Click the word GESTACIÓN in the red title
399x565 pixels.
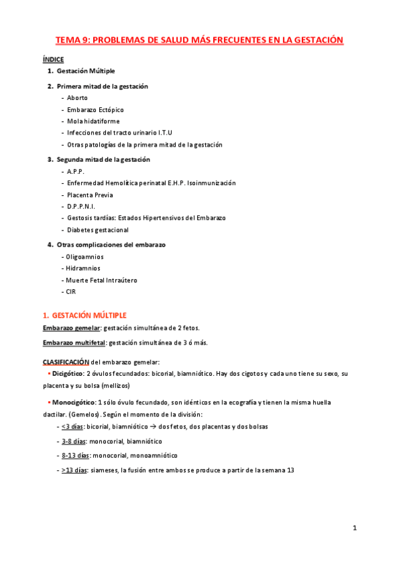316,41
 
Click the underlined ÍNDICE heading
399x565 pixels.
53,59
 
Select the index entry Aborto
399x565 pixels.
77,98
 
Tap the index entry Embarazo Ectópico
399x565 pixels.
95,109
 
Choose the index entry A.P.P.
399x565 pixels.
76,171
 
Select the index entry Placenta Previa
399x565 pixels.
90,195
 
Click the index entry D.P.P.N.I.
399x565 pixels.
81,207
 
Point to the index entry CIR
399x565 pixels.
71,292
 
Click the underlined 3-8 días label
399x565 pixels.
75,441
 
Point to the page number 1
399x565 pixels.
355,528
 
